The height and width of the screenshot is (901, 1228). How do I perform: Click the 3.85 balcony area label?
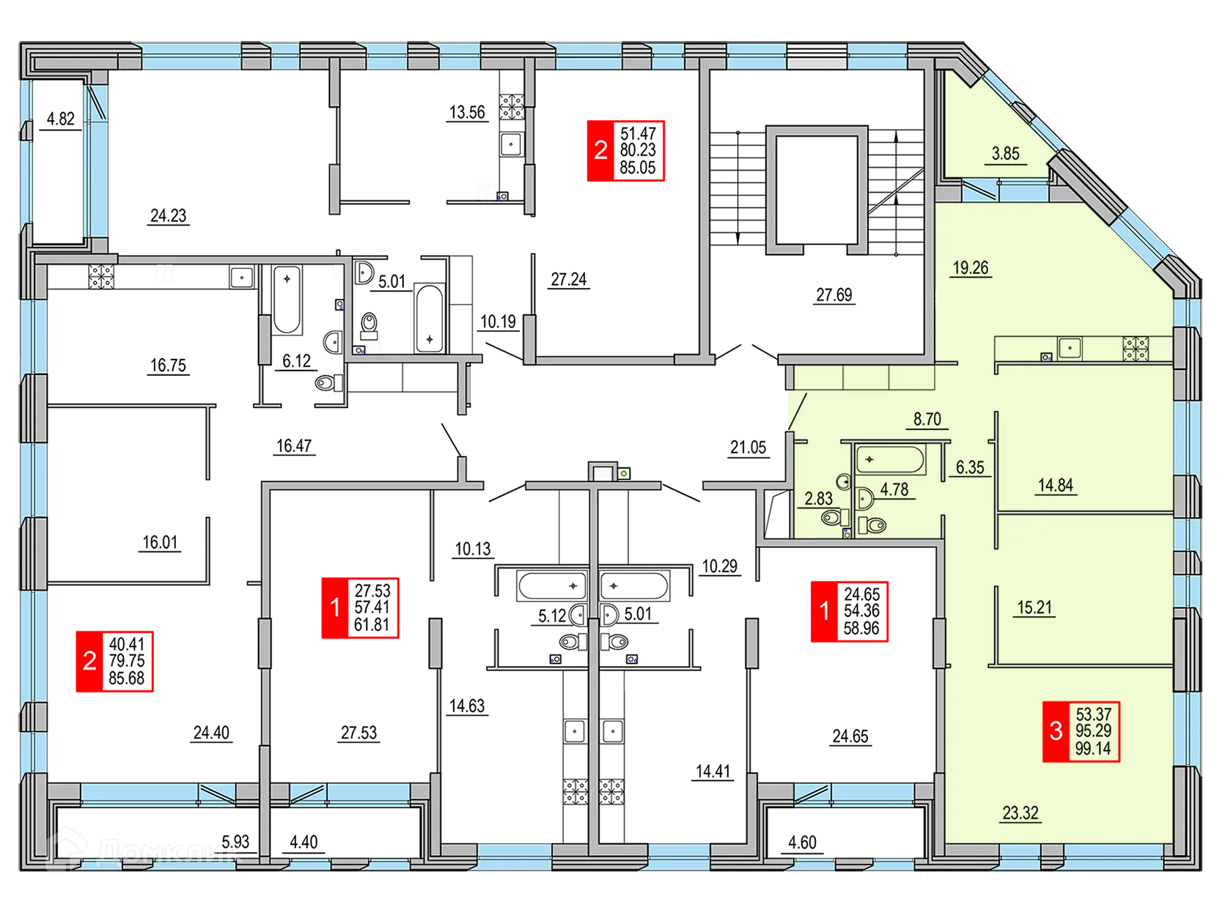click(1005, 154)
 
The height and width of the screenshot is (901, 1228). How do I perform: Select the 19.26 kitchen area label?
click(970, 268)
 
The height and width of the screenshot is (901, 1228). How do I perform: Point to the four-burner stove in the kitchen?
click(1136, 348)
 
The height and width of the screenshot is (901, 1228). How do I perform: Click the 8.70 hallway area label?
click(927, 419)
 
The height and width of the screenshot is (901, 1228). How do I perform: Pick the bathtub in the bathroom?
click(889, 460)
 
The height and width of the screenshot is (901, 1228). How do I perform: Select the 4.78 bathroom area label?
click(894, 489)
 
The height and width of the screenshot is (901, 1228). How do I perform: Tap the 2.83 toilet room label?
click(818, 499)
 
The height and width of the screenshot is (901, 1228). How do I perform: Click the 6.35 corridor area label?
click(969, 467)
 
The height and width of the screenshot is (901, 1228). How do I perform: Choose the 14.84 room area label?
click(1055, 485)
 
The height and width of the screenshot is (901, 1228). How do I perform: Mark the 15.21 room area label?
click(1034, 607)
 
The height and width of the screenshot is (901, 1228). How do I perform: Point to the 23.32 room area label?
click(1020, 812)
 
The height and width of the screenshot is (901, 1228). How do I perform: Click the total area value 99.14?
click(1093, 749)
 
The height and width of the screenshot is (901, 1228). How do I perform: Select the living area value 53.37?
click(1093, 713)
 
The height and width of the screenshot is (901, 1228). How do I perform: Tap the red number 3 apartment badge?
click(1056, 731)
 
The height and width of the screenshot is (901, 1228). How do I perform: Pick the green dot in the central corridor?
click(624, 472)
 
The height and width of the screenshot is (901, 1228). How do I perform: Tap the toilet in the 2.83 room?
click(831, 519)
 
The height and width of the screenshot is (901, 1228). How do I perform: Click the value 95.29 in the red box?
click(1093, 731)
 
